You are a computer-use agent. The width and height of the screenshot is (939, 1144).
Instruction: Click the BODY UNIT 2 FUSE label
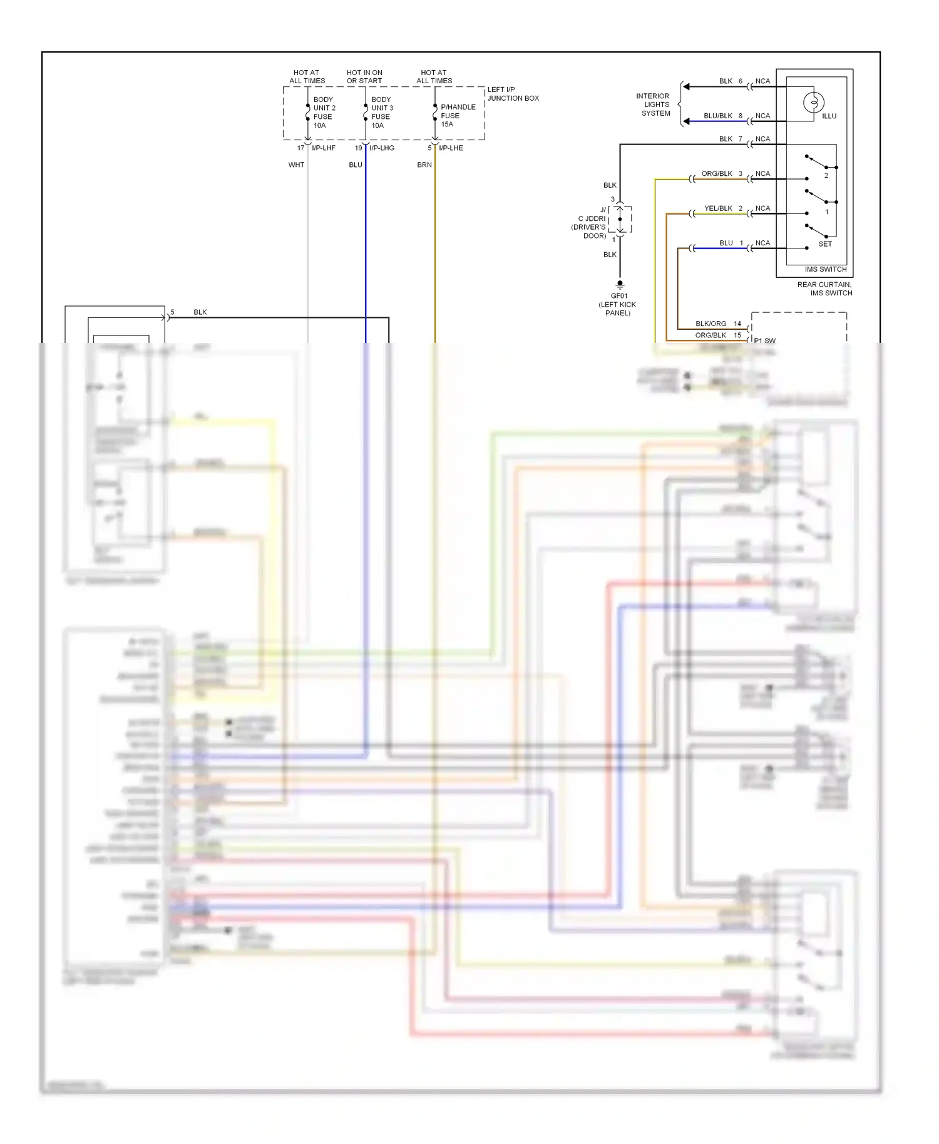(x=324, y=113)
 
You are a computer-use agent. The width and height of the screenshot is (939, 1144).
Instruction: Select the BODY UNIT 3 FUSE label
(x=382, y=113)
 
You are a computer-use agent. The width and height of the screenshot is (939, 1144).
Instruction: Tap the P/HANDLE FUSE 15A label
(x=458, y=115)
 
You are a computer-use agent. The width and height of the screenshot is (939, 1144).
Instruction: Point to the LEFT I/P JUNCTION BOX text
(x=513, y=94)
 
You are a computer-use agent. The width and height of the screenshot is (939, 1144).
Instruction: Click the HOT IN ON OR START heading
(x=364, y=76)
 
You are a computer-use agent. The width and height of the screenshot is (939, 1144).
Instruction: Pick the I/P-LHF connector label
(x=324, y=148)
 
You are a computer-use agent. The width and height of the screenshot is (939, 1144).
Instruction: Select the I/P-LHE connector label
(x=451, y=148)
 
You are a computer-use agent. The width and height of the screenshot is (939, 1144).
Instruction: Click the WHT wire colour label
(x=296, y=165)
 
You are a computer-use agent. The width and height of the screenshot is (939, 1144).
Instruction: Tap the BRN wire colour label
(x=424, y=165)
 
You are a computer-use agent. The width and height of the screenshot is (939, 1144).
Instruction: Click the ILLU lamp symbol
(x=813, y=102)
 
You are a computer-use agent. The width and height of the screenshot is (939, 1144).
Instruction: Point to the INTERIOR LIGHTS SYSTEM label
(x=654, y=105)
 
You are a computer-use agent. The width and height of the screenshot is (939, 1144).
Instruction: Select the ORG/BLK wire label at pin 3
(x=717, y=173)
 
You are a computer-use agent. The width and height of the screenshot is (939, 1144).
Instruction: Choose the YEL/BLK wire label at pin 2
(x=718, y=208)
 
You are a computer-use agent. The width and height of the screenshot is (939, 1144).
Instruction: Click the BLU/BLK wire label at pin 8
(x=717, y=116)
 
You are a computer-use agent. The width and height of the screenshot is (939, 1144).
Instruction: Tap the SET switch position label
(x=825, y=244)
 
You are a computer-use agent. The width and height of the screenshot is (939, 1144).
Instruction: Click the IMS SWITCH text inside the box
(x=825, y=269)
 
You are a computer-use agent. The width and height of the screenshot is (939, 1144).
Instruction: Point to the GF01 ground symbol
(x=620, y=284)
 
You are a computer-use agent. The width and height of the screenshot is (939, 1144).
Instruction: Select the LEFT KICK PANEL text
(x=617, y=309)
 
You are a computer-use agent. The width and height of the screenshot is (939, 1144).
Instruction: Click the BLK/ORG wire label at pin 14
(x=711, y=324)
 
